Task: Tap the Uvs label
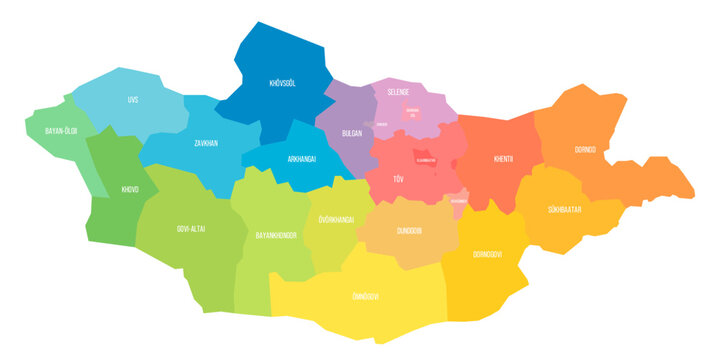(133, 100)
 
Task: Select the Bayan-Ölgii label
(61, 131)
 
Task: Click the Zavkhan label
(207, 143)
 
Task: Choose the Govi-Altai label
(191, 229)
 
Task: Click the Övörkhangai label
(330, 218)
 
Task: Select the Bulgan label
(351, 132)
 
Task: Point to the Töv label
(398, 180)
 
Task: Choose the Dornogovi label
(487, 253)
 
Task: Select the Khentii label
(504, 158)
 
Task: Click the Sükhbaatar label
(566, 211)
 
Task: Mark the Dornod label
(585, 149)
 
